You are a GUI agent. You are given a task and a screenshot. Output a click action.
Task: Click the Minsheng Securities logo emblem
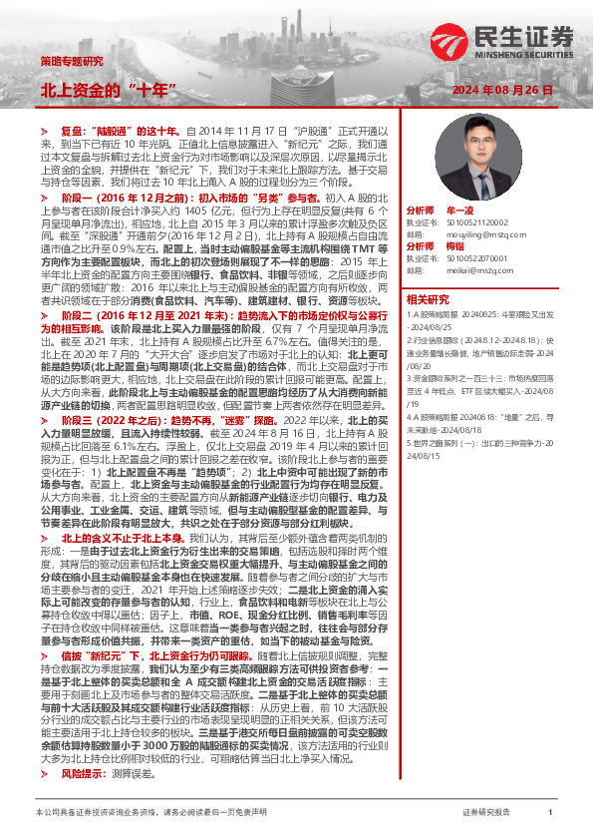click(450, 41)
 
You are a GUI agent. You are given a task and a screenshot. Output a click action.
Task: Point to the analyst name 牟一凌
click(457, 211)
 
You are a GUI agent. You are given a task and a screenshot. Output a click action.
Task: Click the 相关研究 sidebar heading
click(427, 298)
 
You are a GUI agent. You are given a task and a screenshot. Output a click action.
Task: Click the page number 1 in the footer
click(550, 813)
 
